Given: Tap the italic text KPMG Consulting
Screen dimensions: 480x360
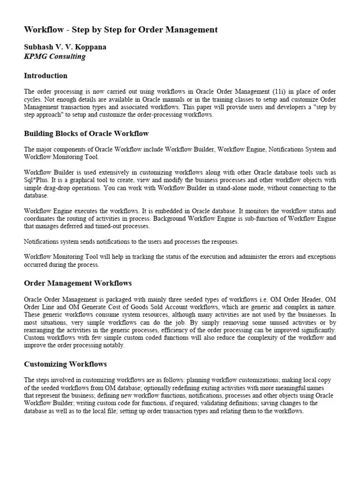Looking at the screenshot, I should coord(55,56).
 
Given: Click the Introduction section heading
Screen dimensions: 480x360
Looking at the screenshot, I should coord(45,75).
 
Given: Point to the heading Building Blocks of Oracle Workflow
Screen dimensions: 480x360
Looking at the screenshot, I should coord(86,134).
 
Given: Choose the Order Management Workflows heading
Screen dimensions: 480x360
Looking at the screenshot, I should coord(78,283).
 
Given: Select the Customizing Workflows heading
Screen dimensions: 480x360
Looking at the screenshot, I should coord(66,364).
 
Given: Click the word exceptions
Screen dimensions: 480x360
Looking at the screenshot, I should coord(320,257).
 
